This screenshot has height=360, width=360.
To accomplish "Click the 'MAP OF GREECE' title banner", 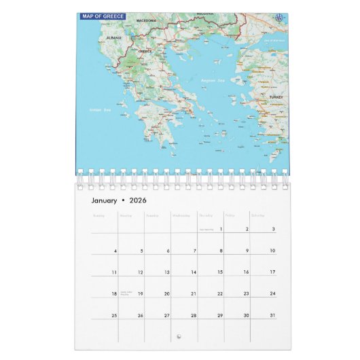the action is tap(103, 15).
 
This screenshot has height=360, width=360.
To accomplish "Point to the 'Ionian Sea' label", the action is tap(99, 109).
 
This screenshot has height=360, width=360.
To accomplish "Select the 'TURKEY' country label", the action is tap(275, 97).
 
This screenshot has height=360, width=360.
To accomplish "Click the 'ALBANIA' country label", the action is tap(114, 37).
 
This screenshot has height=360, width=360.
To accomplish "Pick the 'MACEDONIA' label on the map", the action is tap(147, 21).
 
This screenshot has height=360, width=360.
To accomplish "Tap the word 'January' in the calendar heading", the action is tap(105, 200).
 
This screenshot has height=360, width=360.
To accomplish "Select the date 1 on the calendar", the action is tap(221, 230).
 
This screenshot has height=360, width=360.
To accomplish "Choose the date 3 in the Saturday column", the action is tap(273, 230).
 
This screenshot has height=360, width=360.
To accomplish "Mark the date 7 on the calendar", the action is tap(194, 251).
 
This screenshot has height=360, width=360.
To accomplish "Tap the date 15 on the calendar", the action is tap(219, 272).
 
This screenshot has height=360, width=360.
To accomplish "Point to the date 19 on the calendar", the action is tap(140, 294).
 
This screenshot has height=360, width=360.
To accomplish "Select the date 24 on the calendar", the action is tap(272, 294).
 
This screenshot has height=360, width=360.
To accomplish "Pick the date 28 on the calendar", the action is tap(193, 316).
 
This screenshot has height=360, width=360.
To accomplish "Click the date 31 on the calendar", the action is tap(272, 316).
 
